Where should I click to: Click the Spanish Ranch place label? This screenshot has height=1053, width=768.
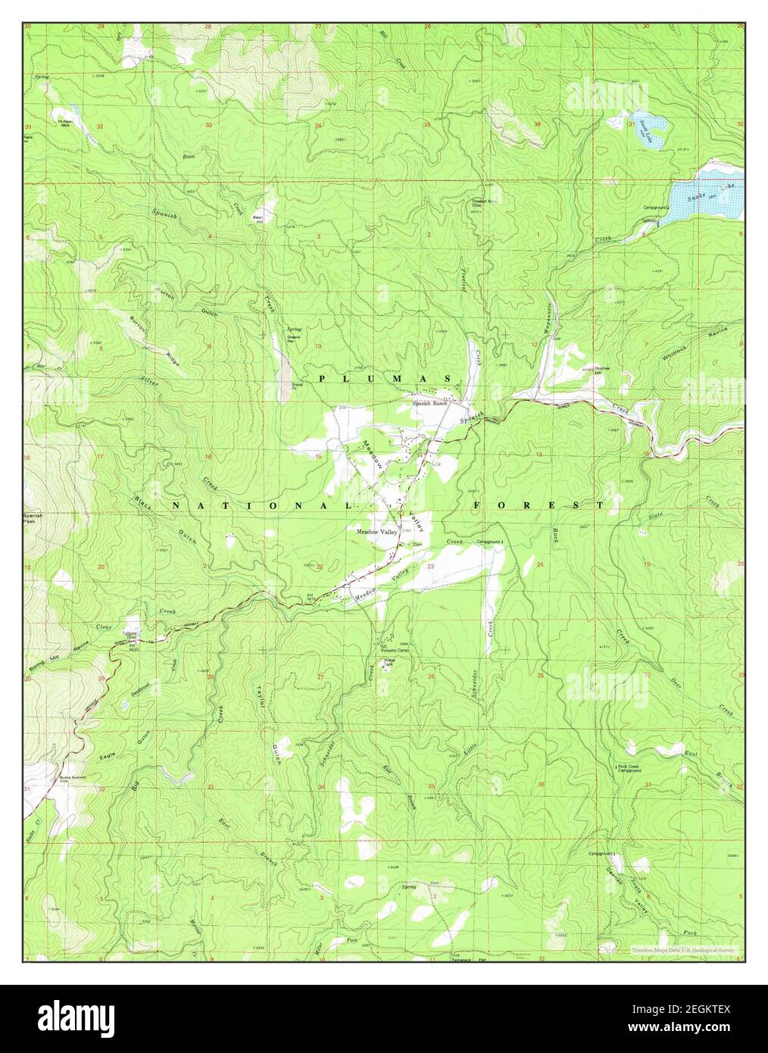pos(431,403)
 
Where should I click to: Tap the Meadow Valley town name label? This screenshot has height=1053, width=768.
pos(377,532)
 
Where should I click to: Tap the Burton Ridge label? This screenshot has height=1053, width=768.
pos(149,333)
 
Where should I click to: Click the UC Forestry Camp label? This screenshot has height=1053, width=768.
pos(395,648)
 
